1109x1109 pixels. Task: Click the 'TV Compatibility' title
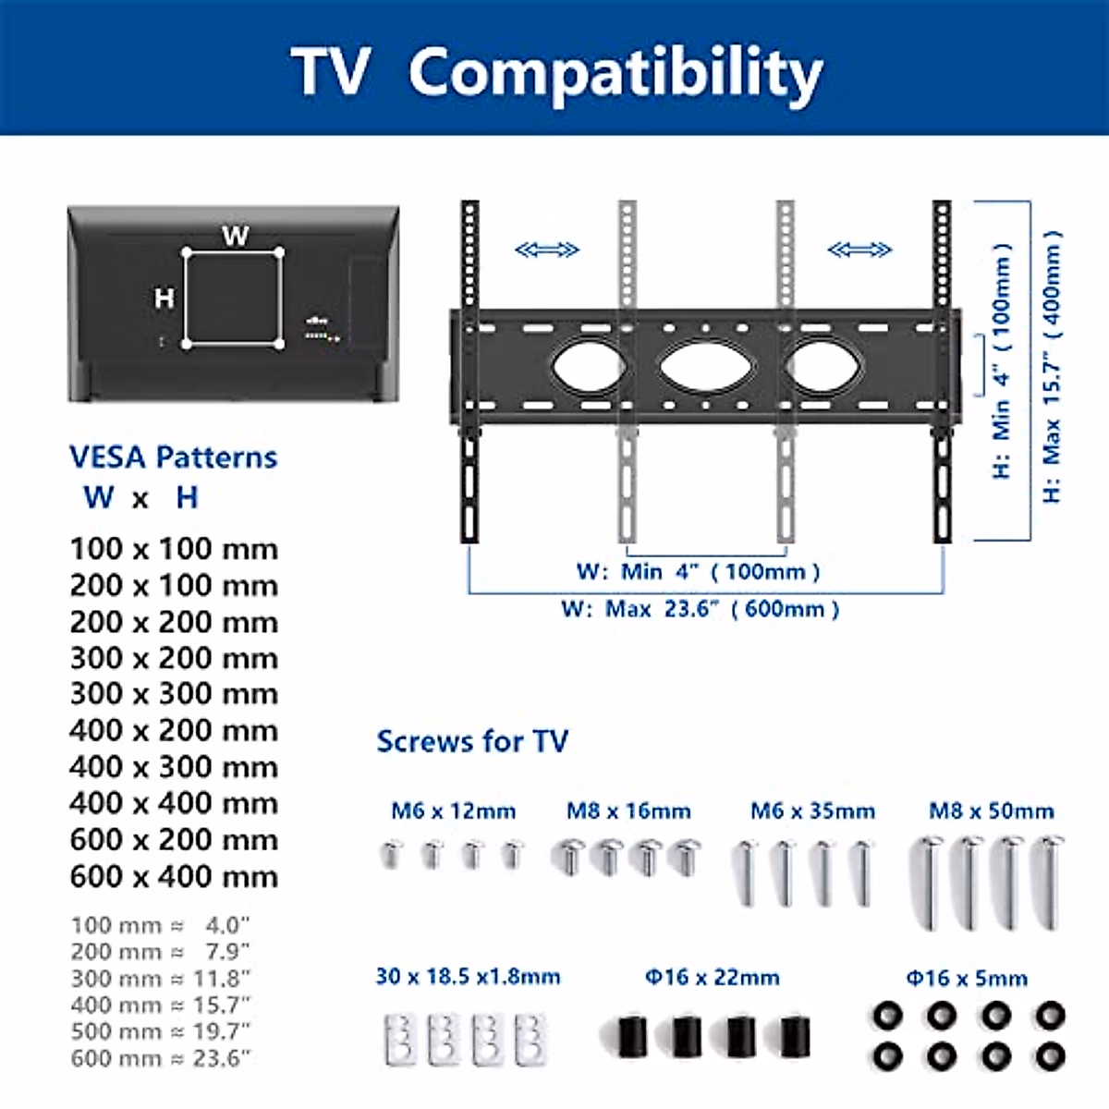[556, 72]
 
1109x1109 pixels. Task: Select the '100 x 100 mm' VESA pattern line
[174, 549]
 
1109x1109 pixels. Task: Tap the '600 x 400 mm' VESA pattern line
[174, 876]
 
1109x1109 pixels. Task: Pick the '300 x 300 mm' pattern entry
[174, 694]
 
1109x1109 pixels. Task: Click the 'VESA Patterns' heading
[173, 457]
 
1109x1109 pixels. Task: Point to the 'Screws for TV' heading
[472, 741]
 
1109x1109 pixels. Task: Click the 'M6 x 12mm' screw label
[453, 811]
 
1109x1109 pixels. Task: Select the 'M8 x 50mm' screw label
[991, 811]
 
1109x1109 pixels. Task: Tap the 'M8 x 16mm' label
[628, 811]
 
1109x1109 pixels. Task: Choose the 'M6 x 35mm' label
[812, 811]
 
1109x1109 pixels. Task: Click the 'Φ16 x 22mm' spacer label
[712, 977]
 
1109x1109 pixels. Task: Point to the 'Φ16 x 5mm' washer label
[967, 978]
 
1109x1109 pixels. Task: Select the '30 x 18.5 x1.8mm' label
[468, 977]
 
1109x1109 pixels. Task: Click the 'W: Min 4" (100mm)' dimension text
[698, 571]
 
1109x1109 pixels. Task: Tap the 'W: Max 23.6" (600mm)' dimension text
[700, 609]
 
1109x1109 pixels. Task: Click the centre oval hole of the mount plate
[707, 366]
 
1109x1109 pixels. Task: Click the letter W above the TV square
[235, 237]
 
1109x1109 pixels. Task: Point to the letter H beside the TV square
[164, 299]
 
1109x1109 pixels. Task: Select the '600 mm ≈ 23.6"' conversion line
[161, 1058]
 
